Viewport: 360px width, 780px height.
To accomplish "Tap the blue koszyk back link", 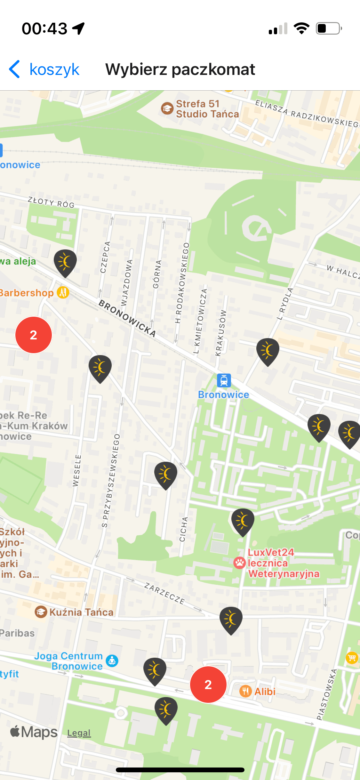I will click(45, 69).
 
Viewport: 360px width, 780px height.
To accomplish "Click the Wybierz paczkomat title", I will click(180, 69).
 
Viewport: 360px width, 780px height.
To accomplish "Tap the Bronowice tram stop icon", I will click(224, 380).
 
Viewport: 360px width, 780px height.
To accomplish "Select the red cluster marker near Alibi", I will click(208, 684).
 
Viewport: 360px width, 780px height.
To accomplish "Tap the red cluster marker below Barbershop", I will click(34, 335).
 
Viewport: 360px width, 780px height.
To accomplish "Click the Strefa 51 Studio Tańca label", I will click(207, 109).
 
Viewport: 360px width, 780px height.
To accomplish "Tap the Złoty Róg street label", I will click(51, 202).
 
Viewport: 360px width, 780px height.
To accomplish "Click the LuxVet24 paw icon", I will click(239, 563).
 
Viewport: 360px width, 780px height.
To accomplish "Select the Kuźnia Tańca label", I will click(81, 612).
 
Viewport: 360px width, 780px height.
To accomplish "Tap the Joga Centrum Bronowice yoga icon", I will click(112, 660).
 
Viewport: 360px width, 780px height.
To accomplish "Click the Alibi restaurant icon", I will click(245, 691).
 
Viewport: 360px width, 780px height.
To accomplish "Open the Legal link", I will click(79, 733).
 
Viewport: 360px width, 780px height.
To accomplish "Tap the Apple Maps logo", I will click(34, 732).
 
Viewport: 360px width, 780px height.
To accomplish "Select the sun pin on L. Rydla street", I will click(268, 351).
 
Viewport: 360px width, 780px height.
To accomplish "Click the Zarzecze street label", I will click(164, 593).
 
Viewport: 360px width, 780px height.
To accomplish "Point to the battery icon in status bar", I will click(329, 28).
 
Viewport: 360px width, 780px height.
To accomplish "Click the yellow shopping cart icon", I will click(352, 658).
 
